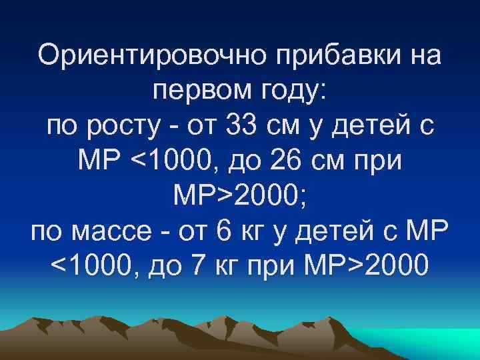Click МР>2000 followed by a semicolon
coord(239,196)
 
